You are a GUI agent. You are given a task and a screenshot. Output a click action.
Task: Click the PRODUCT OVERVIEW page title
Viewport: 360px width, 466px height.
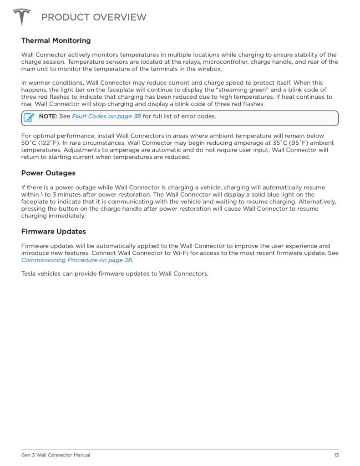click(x=94, y=17)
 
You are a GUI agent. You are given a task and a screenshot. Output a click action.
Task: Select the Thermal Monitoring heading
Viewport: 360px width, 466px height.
click(x=56, y=41)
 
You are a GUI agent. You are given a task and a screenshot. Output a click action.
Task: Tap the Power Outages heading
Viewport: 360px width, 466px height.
click(x=48, y=173)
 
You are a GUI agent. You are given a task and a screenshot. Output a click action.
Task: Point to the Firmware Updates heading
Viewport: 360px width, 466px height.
click(x=54, y=231)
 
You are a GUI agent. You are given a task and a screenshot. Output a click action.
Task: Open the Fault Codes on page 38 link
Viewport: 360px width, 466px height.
click(x=106, y=116)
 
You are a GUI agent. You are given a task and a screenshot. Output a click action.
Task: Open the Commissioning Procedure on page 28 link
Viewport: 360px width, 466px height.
click(x=77, y=260)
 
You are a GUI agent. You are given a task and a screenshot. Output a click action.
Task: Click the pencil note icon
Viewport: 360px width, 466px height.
click(x=29, y=117)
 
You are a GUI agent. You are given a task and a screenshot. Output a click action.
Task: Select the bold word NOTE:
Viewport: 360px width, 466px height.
click(x=48, y=116)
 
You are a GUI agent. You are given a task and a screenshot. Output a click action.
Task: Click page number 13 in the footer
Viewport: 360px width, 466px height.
click(x=336, y=455)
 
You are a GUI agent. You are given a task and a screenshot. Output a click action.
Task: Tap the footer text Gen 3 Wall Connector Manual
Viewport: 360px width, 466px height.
click(x=56, y=455)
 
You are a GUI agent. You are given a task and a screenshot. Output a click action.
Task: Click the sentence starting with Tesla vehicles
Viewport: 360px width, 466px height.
click(x=115, y=274)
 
